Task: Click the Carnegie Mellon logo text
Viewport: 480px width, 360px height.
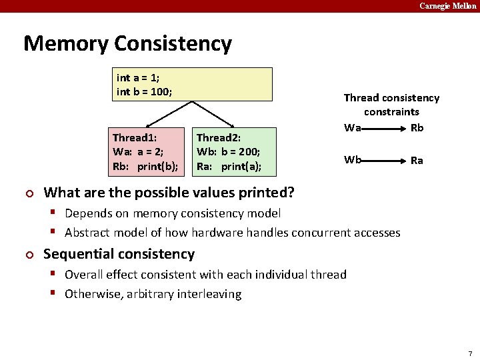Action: pos(448,6)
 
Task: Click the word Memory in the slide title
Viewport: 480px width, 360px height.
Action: pos(66,44)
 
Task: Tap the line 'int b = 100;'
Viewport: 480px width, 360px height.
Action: pos(144,91)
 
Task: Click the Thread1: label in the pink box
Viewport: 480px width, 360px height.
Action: pos(133,138)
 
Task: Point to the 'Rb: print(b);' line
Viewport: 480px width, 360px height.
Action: pos(145,165)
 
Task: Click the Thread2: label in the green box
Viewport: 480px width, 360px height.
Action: pos(218,138)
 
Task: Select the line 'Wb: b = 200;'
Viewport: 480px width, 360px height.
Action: pos(228,151)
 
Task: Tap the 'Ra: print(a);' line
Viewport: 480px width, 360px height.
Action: pos(229,165)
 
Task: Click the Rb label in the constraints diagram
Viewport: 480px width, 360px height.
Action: pos(417,127)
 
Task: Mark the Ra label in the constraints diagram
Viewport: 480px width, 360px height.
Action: pos(417,160)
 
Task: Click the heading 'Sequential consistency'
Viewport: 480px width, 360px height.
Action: pos(119,254)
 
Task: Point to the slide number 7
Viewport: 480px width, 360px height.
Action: pos(470,353)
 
